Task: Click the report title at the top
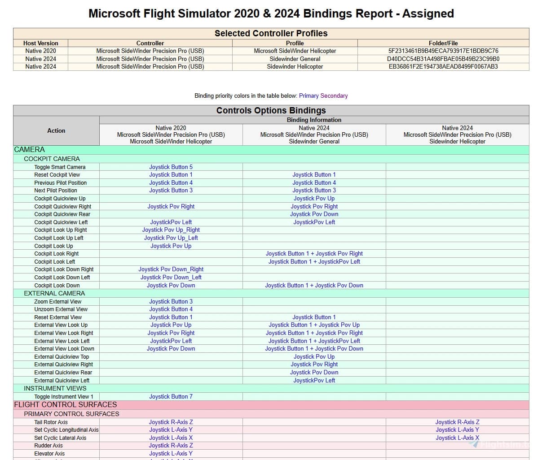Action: pyautogui.click(x=271, y=13)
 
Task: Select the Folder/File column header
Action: pyautogui.click(x=443, y=43)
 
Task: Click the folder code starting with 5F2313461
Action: pyautogui.click(x=443, y=51)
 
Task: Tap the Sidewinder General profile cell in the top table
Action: pyautogui.click(x=295, y=59)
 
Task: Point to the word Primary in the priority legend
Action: pyautogui.click(x=308, y=95)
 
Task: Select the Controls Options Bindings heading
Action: pyautogui.click(x=271, y=110)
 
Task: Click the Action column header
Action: pyautogui.click(x=56, y=130)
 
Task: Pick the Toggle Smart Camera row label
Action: pyautogui.click(x=60, y=167)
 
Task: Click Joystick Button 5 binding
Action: pyautogui.click(x=171, y=167)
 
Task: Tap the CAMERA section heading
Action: pyautogui.click(x=30, y=150)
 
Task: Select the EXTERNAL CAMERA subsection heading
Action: pyautogui.click(x=54, y=293)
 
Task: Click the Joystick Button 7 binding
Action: pyautogui.click(x=171, y=396)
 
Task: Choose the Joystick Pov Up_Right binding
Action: pyautogui.click(x=171, y=230)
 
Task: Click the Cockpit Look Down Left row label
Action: pyautogui.click(x=62, y=277)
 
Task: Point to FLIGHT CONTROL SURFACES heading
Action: pyautogui.click(x=66, y=404)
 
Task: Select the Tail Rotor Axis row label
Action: pyautogui.click(x=51, y=422)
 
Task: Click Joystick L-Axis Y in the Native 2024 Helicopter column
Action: pyautogui.click(x=457, y=430)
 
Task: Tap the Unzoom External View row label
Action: pyautogui.click(x=61, y=309)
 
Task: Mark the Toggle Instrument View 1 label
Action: pyautogui.click(x=64, y=396)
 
